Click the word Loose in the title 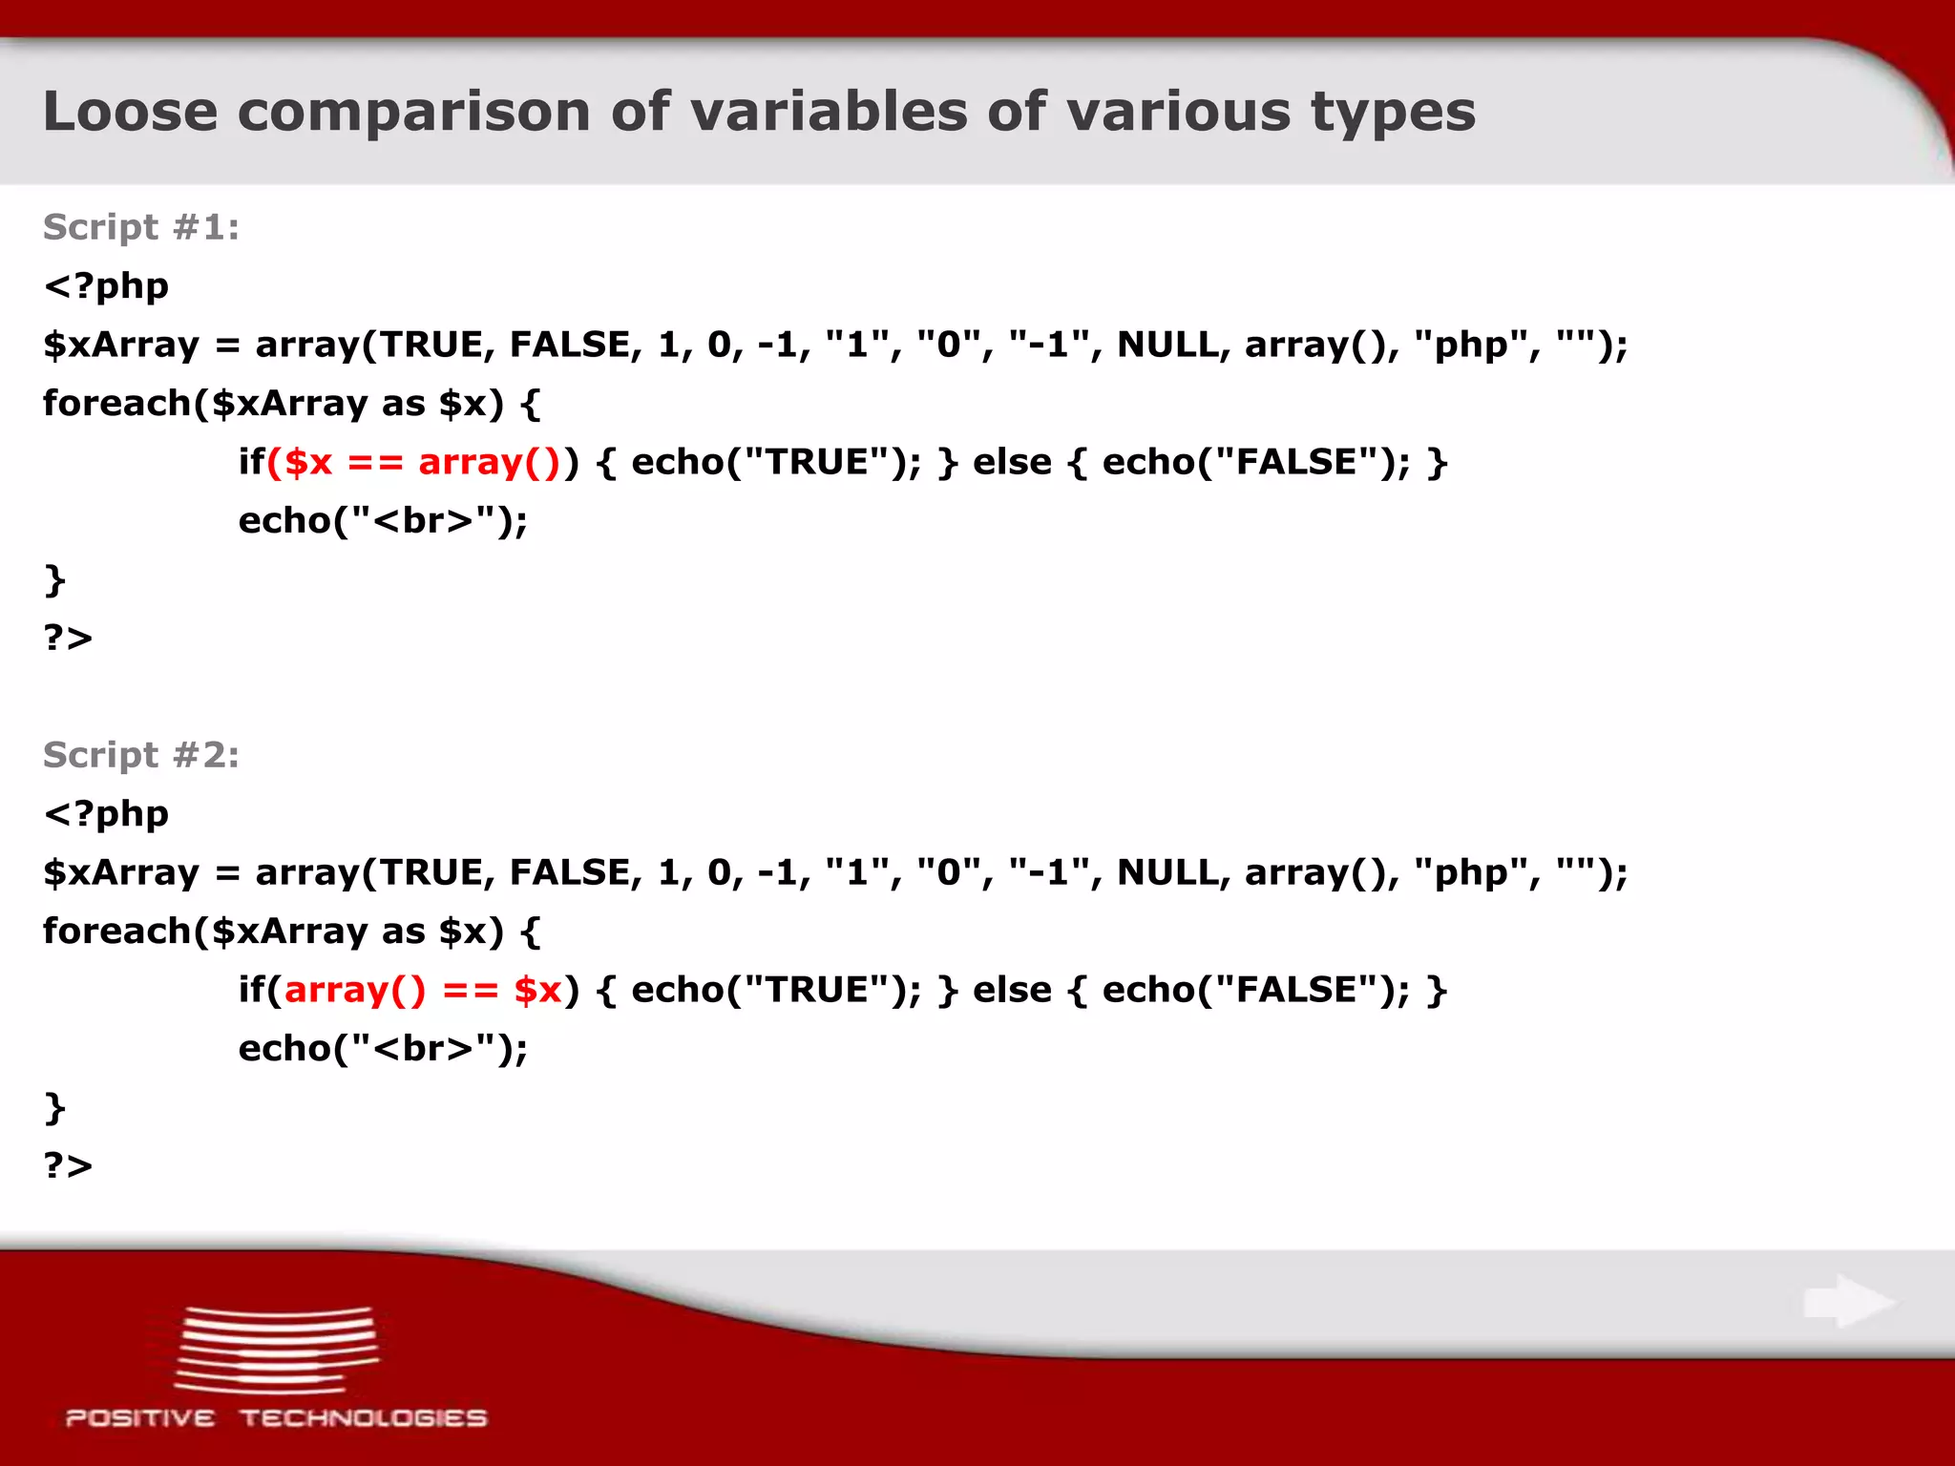(x=131, y=111)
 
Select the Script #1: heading (x=141, y=227)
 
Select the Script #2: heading (x=141, y=755)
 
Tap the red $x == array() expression (x=413, y=462)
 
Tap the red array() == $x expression (x=423, y=990)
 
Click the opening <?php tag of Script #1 (x=106, y=286)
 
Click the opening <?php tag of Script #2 (x=106, y=814)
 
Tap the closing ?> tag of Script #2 (x=68, y=1165)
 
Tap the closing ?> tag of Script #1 (x=68, y=638)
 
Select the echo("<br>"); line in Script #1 (x=383, y=521)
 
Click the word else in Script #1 (x=1012, y=462)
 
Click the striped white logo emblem (x=277, y=1350)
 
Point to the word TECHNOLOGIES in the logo (x=363, y=1418)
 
